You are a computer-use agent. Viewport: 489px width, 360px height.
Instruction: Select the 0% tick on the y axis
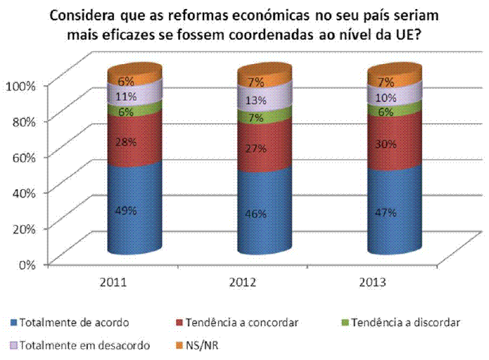(x=26, y=264)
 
